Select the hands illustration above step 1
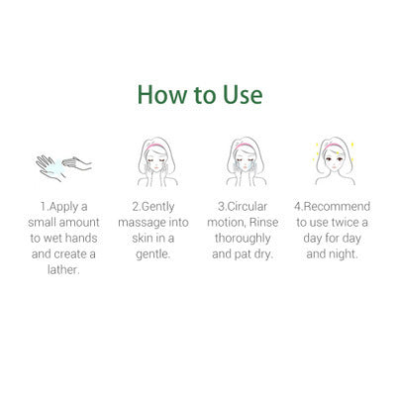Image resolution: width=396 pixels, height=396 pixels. click(x=63, y=163)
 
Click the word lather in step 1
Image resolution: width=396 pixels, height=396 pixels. click(x=63, y=270)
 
